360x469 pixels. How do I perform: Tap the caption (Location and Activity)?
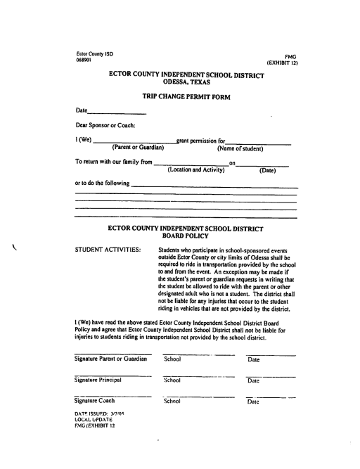pos(196,169)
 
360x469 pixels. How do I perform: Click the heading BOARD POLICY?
pos(186,237)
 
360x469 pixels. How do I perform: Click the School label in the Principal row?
pos(172,380)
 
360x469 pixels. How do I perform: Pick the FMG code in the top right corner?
pos(293,56)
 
